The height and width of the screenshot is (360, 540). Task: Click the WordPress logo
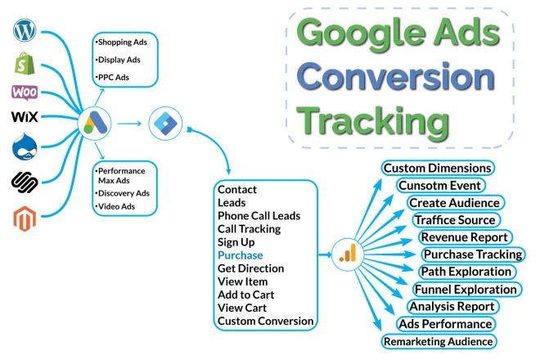[25, 30]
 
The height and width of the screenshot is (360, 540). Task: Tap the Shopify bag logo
[25, 63]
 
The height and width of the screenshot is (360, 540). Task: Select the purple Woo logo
[25, 92]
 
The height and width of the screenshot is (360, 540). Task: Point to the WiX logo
[25, 116]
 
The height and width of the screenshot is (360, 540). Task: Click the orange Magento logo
[25, 218]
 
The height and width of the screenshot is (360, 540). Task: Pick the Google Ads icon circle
[95, 124]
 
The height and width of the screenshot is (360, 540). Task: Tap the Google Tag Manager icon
[165, 124]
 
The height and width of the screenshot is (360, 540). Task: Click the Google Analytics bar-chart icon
[348, 254]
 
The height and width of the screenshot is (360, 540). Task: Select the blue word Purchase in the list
[241, 255]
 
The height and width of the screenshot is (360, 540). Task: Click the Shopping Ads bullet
[121, 43]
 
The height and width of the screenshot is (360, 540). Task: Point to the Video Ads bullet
[115, 207]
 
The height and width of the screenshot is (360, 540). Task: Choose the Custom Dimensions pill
[438, 168]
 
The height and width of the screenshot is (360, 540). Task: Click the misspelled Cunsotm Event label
[440, 186]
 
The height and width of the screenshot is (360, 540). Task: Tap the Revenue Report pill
[465, 237]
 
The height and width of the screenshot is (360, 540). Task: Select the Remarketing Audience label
[439, 341]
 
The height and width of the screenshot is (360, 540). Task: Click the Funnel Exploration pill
[466, 289]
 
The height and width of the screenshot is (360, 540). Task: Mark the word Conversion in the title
[396, 77]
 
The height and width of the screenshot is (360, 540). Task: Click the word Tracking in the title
[373, 123]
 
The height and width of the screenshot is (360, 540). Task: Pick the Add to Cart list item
[246, 295]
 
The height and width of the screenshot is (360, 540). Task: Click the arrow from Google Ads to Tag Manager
[129, 124]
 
